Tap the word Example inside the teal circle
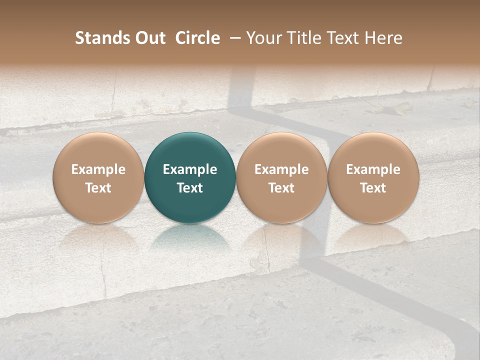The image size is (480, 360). (x=190, y=169)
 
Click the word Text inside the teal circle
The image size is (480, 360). (x=190, y=188)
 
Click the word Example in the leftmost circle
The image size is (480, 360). (x=98, y=169)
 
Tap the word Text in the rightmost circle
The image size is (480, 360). (x=373, y=188)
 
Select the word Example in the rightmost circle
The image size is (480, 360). (x=373, y=169)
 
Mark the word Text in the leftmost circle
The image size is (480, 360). (x=98, y=188)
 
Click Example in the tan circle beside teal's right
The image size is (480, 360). (x=281, y=169)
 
